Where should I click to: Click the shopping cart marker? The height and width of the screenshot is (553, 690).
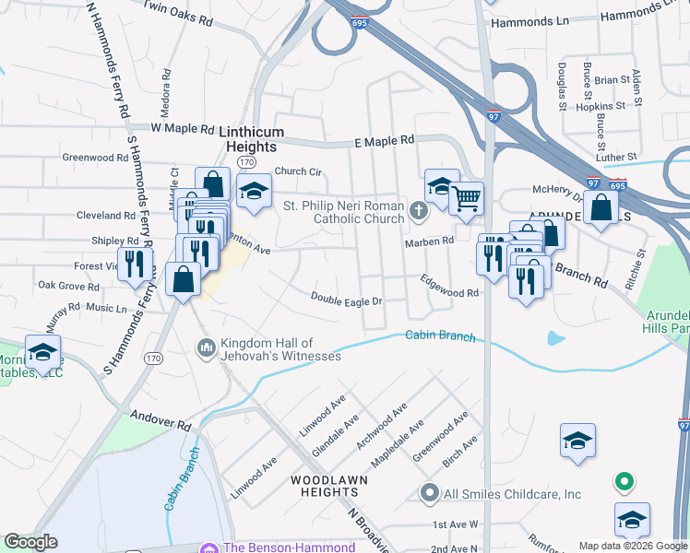467,198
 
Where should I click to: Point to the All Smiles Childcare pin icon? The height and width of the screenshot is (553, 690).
428,494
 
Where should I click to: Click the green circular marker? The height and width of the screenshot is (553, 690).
625,480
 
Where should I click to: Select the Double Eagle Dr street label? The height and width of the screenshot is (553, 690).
346,299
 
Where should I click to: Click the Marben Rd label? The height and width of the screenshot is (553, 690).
430,241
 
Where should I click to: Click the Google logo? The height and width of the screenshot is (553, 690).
30,543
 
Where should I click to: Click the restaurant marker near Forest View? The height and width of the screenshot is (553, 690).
136,264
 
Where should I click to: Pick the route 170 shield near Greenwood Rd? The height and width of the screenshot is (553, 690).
244,162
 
